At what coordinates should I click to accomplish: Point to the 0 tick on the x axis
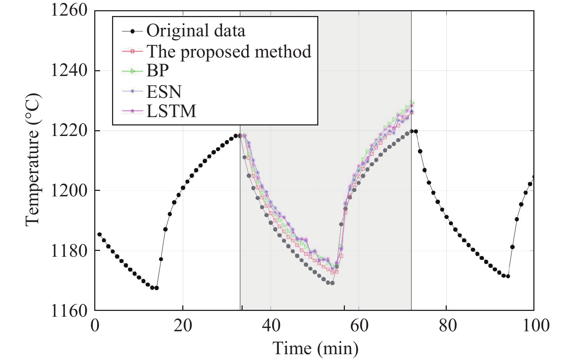pyautogui.click(x=95, y=325)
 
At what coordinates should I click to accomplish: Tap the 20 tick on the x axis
pyautogui.click(x=183, y=325)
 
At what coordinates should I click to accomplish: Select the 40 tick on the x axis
pyautogui.click(x=271, y=325)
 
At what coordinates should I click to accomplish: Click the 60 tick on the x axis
pyautogui.click(x=359, y=325)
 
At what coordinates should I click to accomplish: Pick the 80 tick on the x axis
pyautogui.click(x=447, y=325)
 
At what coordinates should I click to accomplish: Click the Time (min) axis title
pyautogui.click(x=315, y=348)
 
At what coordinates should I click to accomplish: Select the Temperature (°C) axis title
pyautogui.click(x=32, y=160)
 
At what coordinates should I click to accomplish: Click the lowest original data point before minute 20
pyautogui.click(x=156, y=288)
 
